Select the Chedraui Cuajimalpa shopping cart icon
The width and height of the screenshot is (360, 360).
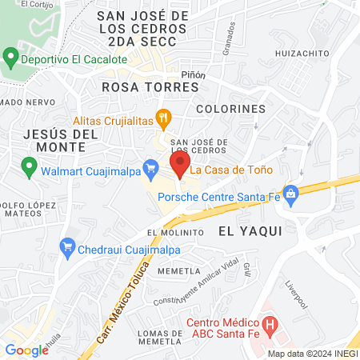click(x=68, y=249)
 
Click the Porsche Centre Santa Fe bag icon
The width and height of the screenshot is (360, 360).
click(x=290, y=192)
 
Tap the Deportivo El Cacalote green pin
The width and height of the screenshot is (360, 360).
click(x=11, y=58)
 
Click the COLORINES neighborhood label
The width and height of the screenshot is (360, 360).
click(x=230, y=109)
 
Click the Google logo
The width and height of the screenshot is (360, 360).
click(x=26, y=350)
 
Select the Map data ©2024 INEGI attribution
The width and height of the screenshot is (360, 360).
click(x=312, y=354)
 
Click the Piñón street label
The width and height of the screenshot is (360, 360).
click(x=194, y=75)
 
